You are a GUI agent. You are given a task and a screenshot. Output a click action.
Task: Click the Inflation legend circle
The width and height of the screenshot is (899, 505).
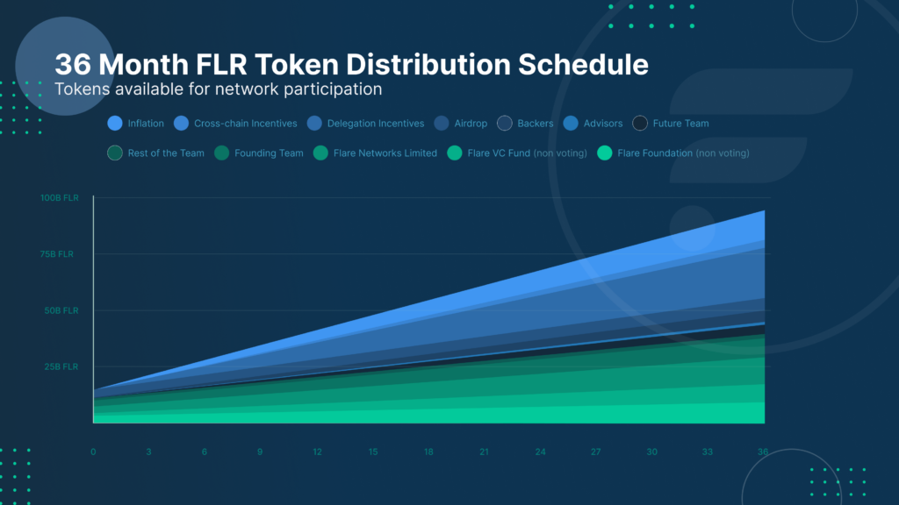[x=114, y=124]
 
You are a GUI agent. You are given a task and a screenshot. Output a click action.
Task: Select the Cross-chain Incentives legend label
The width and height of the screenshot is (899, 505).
[x=245, y=124]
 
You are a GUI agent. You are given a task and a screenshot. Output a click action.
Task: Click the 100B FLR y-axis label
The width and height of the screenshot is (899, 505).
[x=59, y=198]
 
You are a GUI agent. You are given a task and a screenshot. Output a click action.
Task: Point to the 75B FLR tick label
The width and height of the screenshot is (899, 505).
[x=61, y=254]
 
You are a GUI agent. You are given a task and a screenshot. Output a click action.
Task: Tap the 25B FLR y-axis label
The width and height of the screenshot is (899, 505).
[x=61, y=366]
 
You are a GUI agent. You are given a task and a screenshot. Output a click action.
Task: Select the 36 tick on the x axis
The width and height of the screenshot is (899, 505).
[x=763, y=452]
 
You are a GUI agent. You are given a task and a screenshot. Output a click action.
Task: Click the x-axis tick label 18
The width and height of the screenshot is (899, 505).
[x=428, y=452]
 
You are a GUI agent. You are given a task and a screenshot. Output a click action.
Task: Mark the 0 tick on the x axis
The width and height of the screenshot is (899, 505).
[x=93, y=452]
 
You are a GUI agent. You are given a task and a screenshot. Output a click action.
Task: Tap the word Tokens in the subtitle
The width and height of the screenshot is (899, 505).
[x=81, y=89]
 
